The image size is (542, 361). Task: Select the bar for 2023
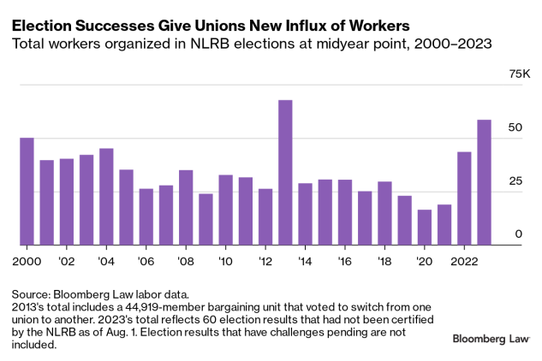(x=485, y=182)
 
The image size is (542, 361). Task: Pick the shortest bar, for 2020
(x=425, y=228)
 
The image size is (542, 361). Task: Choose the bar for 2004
(x=106, y=197)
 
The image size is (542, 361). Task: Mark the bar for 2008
(x=186, y=208)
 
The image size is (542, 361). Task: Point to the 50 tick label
(x=514, y=127)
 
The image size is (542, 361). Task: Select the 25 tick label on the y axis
(x=514, y=180)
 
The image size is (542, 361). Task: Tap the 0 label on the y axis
(x=517, y=234)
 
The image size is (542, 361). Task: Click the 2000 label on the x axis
(x=27, y=260)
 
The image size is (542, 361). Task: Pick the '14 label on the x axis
(x=305, y=260)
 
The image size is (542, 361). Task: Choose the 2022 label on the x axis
(x=464, y=260)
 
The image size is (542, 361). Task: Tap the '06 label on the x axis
(x=146, y=260)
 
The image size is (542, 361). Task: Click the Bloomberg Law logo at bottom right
(x=490, y=340)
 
